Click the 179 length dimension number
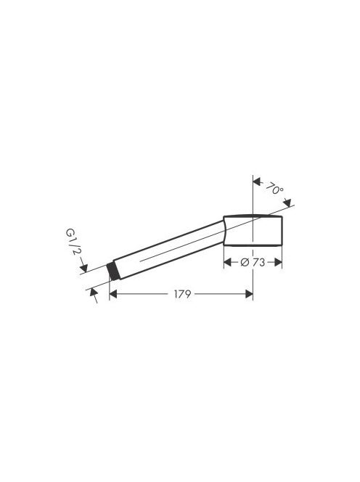click(x=182, y=294)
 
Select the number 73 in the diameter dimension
click(x=259, y=263)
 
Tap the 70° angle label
click(x=274, y=188)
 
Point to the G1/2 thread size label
click(x=73, y=241)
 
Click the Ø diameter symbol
click(x=245, y=263)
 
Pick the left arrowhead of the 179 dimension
click(x=113, y=294)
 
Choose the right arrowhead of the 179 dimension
click(x=249, y=294)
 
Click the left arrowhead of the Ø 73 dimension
click(x=227, y=263)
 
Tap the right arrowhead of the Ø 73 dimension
click(x=278, y=263)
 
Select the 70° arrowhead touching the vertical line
click(x=258, y=181)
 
